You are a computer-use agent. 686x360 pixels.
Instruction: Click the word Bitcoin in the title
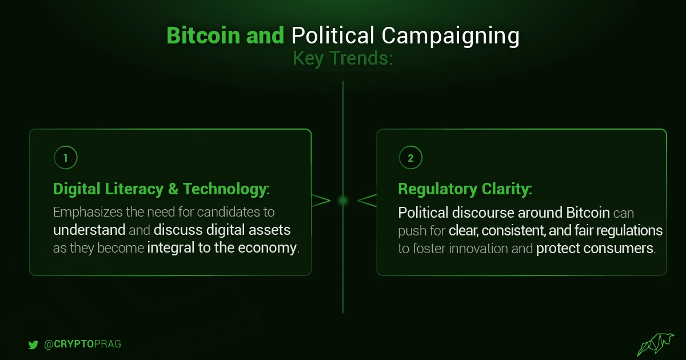tap(203, 35)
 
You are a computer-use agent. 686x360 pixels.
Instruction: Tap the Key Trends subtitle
tap(342, 58)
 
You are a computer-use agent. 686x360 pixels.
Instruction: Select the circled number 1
tap(66, 158)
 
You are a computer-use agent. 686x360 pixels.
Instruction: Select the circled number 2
tap(410, 158)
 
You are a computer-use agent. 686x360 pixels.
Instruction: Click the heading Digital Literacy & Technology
tap(161, 189)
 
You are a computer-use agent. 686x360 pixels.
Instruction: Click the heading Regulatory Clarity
tap(465, 189)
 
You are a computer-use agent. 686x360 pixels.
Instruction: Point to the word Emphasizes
tap(87, 213)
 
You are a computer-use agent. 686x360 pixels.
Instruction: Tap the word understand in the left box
tap(89, 230)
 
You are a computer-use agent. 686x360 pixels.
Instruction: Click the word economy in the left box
tap(267, 248)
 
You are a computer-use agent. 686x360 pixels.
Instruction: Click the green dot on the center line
tap(343, 201)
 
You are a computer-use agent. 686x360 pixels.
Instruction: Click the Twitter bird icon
tap(33, 345)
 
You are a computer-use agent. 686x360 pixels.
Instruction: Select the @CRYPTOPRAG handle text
tap(83, 344)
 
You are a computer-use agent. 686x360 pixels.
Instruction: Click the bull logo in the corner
tap(656, 344)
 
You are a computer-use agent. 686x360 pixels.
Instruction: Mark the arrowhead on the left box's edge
tap(321, 201)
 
